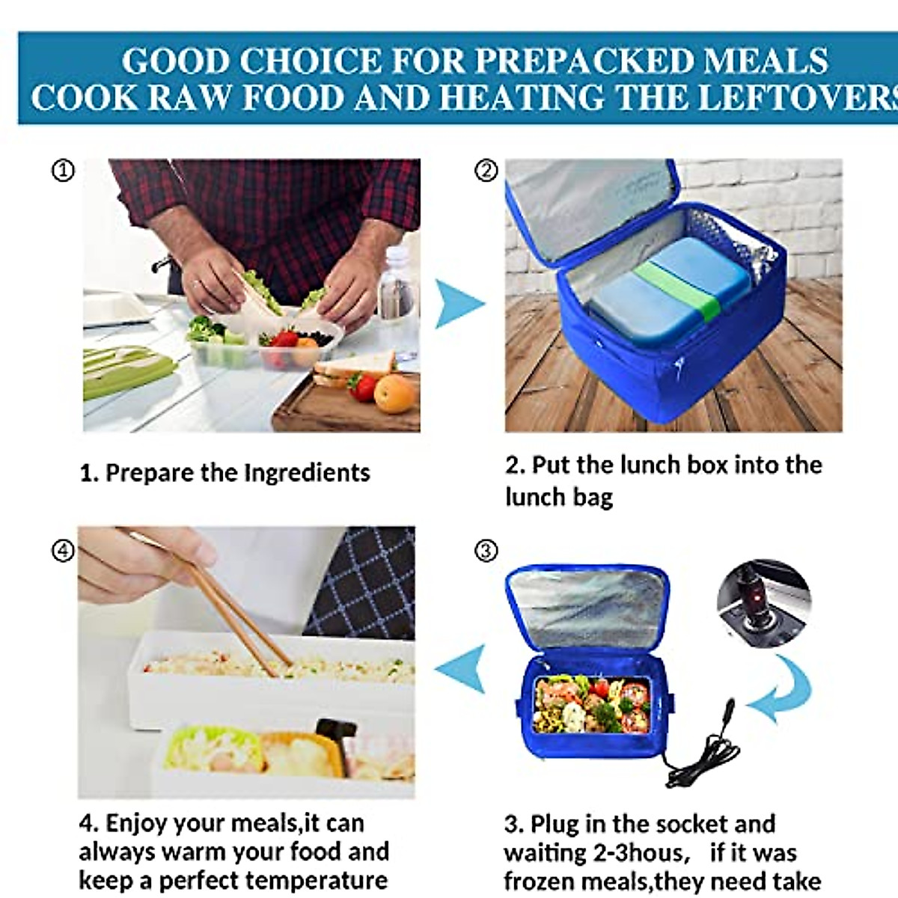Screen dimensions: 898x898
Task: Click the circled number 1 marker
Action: [63, 171]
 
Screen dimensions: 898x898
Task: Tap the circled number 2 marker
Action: [486, 171]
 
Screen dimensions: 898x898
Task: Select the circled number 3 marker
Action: [486, 552]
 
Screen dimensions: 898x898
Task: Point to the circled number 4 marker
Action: [63, 552]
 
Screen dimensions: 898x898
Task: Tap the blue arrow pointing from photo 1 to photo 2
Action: [458, 304]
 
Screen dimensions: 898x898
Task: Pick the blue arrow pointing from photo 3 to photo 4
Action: [461, 668]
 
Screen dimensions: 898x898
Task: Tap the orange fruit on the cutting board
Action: [394, 393]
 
